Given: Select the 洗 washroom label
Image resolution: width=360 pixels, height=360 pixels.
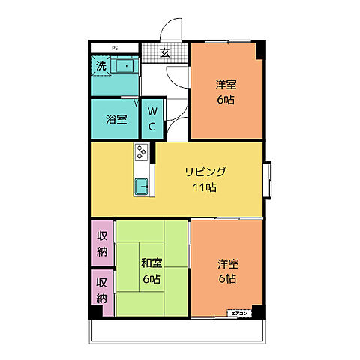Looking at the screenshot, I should pyautogui.click(x=101, y=66).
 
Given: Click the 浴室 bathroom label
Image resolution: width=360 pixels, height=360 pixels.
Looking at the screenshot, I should pyautogui.click(x=115, y=118).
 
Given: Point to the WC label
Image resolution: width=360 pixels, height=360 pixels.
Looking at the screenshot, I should pyautogui.click(x=151, y=118).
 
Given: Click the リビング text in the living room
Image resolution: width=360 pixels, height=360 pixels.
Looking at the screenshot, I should pyautogui.click(x=205, y=172).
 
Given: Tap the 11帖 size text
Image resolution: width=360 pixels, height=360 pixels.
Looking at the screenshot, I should pyautogui.click(x=205, y=187).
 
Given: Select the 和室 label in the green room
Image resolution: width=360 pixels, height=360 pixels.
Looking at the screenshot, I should pyautogui.click(x=152, y=263).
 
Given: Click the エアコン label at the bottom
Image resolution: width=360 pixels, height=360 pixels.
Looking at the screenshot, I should pyautogui.click(x=239, y=312).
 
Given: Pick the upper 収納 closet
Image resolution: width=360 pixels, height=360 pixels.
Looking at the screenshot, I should pyautogui.click(x=103, y=243).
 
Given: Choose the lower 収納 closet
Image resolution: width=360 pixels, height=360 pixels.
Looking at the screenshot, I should pyautogui.click(x=103, y=290).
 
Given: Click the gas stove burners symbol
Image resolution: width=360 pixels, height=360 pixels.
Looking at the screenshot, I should pyautogui.click(x=142, y=153).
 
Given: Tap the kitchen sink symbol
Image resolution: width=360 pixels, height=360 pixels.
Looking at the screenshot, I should pyautogui.click(x=142, y=186).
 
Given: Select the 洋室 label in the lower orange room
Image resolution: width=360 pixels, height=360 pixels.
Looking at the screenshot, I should pyautogui.click(x=228, y=263).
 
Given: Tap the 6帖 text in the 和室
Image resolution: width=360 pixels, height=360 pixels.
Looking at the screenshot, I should pyautogui.click(x=151, y=279).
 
